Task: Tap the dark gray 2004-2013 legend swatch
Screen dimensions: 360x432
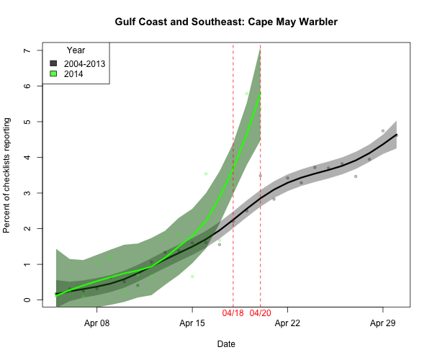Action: pos(53,64)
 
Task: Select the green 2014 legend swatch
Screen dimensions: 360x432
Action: pos(53,74)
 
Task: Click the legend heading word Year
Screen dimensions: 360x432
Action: pos(76,50)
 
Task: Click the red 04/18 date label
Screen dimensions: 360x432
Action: pos(233,315)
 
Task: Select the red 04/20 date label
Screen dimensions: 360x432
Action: pos(260,315)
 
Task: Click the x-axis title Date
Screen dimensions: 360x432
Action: pos(226,344)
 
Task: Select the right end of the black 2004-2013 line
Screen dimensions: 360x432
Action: pos(397,135)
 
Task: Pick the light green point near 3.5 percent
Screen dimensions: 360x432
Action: pos(206,174)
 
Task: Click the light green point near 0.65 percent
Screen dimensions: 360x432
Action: pos(192,276)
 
